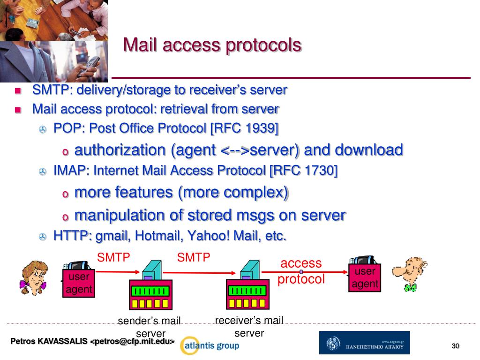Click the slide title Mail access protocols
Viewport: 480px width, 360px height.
(212, 45)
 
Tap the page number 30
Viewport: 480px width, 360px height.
(455, 346)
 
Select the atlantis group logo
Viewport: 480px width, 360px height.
(210, 346)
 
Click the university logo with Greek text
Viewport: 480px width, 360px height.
(364, 343)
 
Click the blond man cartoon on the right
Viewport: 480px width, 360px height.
(410, 274)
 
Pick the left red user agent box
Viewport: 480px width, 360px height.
(79, 283)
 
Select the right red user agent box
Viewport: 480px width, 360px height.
(365, 277)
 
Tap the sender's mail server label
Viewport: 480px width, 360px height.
(150, 327)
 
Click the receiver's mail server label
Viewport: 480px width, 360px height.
(249, 326)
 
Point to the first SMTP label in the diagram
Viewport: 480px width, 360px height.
(113, 257)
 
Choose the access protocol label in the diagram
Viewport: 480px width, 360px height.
(301, 271)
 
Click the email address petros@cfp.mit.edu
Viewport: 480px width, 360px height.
(132, 341)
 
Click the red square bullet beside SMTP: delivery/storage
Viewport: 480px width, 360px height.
(18, 90)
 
